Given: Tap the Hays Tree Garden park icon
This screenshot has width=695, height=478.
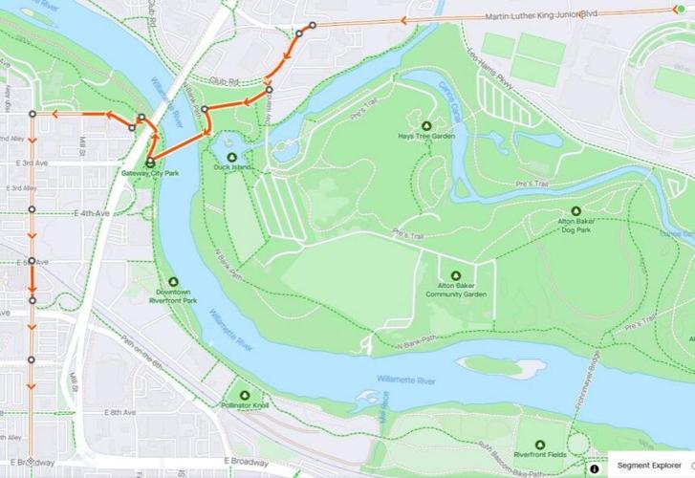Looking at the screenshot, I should [426, 125].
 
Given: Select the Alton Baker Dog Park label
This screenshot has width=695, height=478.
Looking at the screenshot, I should [576, 225].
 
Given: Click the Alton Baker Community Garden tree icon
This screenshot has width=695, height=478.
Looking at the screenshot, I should [455, 276].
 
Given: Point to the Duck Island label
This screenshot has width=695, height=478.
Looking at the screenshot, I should [230, 167].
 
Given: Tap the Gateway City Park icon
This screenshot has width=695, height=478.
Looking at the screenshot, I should [150, 163].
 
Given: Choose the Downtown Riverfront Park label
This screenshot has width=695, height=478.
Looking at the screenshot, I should [175, 295].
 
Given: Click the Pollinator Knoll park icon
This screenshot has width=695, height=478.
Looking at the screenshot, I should [245, 395].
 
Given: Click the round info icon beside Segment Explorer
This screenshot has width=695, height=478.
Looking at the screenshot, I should [594, 469].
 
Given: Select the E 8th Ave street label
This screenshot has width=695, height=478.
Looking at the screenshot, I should [122, 412].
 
